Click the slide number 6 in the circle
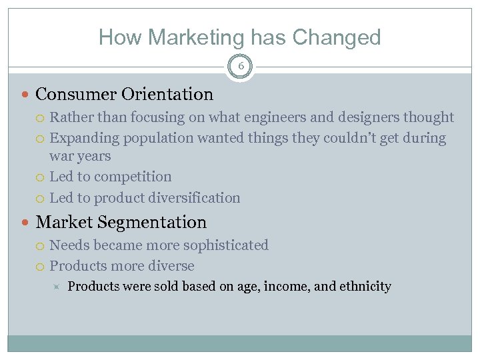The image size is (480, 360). [240, 67]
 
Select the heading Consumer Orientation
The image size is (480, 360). [124, 95]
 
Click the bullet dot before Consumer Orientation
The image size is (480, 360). [26, 95]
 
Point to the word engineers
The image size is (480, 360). [270, 118]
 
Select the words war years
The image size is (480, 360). [80, 156]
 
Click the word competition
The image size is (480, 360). [133, 177]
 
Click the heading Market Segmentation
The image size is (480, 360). [121, 222]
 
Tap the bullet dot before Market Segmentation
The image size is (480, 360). [26, 223]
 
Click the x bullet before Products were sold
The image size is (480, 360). [57, 287]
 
